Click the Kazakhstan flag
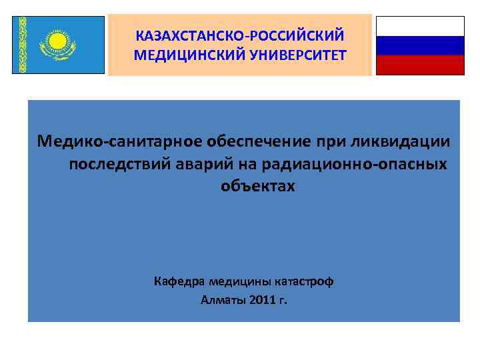pyautogui.click(x=59, y=45)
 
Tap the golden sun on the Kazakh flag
pyautogui.click(x=58, y=42)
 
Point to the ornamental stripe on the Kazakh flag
pyautogui.click(x=22, y=45)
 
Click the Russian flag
pyautogui.click(x=420, y=45)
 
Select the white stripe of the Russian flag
pyautogui.click(x=420, y=26)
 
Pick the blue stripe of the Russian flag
pyautogui.click(x=420, y=45)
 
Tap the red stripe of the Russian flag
pyautogui.click(x=420, y=65)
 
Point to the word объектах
pyautogui.click(x=257, y=187)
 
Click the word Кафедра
pyautogui.click(x=179, y=281)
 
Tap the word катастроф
pyautogui.click(x=305, y=281)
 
